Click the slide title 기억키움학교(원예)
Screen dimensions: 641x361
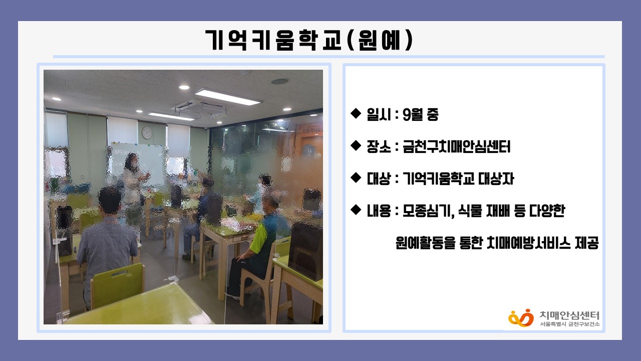[x=309, y=40]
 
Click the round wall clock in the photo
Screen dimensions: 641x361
[x=147, y=133]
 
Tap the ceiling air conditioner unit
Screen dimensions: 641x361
[x=201, y=109]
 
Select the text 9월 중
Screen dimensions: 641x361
[x=420, y=115]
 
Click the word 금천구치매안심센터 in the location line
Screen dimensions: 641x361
[x=456, y=147]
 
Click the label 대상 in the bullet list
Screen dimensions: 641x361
[x=379, y=178]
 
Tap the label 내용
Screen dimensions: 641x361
[x=379, y=211]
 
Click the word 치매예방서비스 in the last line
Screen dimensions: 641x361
[x=527, y=243]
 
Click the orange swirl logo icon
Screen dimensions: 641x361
[x=521, y=318]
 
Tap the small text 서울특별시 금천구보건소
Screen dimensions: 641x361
[x=570, y=324]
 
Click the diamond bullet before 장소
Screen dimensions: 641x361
[x=356, y=145]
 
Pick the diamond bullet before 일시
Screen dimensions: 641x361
[x=356, y=113]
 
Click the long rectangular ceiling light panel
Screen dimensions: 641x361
[x=228, y=97]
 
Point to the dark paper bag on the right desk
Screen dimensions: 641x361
[x=305, y=252]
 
